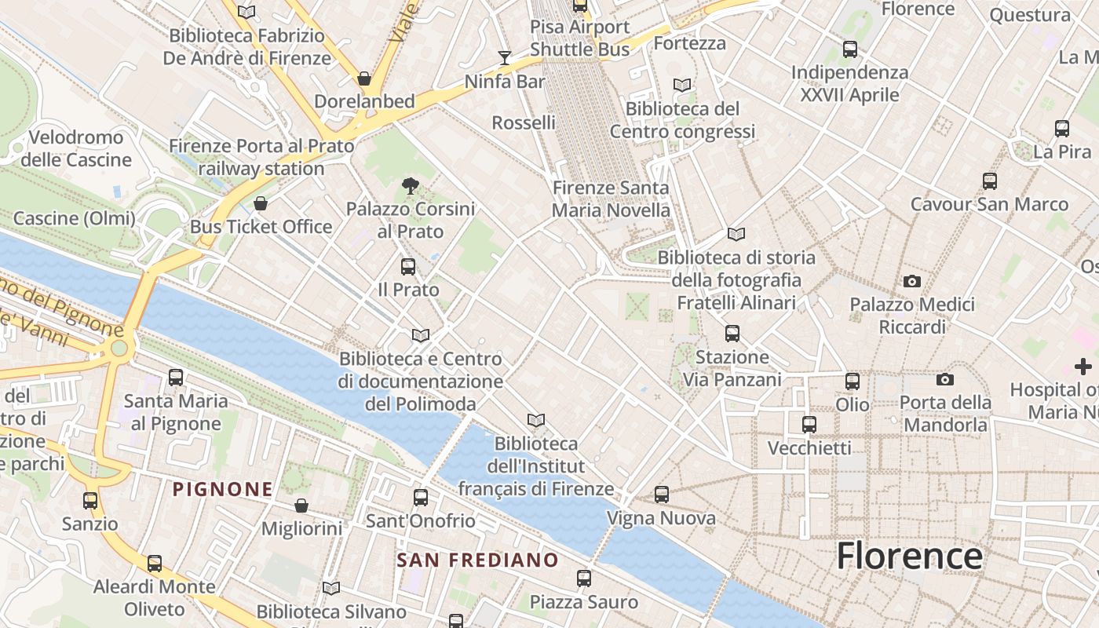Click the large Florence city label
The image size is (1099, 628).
pos(909,556)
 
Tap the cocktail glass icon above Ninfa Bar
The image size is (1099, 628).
pos(504,57)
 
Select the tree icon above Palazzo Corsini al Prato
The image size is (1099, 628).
pos(410,186)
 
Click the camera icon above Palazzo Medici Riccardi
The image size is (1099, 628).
pos(911,281)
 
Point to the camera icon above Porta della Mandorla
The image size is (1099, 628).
pos(945,379)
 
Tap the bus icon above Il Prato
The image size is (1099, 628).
pos(408,266)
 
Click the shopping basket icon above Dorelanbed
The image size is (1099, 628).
pos(364,78)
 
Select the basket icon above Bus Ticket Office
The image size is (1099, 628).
pos(261,204)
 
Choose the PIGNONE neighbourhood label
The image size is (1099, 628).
pos(223,490)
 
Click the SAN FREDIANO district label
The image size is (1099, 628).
pos(477,560)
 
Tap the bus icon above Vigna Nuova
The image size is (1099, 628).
pos(662,495)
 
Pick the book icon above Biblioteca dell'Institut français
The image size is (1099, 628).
pos(536,421)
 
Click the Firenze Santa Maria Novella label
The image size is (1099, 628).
pos(611,199)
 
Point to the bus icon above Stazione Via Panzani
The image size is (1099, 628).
pos(732,334)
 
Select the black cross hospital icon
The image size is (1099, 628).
pos(1083,366)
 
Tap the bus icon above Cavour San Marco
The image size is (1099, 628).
pos(990,181)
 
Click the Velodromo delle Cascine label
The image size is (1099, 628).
pos(76,148)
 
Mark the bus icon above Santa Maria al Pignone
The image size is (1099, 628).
pos(176,378)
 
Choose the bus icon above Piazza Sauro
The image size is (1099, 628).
pos(583,579)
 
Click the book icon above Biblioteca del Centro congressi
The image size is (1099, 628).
pos(682,85)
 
